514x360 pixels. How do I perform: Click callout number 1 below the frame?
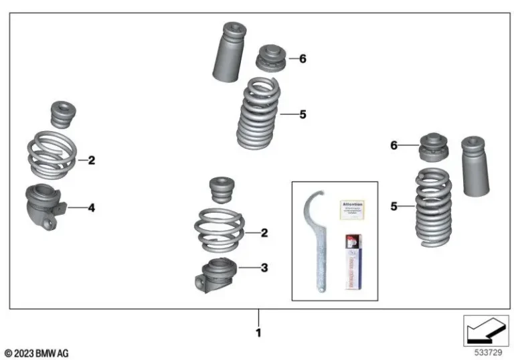258,332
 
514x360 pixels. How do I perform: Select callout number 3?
264,268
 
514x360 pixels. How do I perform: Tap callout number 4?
92,208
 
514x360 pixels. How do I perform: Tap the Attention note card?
353,209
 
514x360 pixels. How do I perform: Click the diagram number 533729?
487,351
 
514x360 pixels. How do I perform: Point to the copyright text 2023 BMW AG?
37,353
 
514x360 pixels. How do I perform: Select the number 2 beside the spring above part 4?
92,161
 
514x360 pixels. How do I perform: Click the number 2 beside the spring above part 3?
264,233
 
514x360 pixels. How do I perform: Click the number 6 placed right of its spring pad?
303,59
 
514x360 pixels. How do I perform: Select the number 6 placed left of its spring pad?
394,145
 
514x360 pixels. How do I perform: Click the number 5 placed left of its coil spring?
394,206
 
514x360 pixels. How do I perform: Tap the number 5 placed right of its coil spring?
303,114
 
